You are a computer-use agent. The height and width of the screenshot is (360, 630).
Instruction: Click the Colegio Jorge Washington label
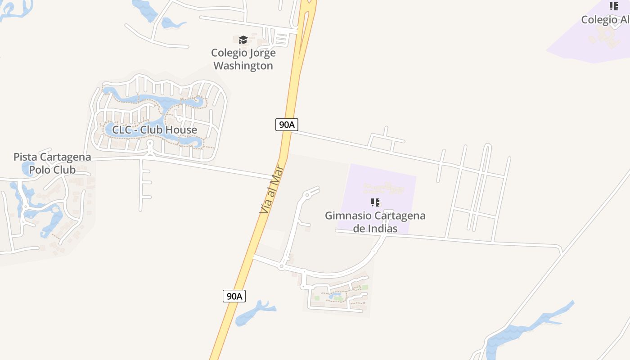[243, 59]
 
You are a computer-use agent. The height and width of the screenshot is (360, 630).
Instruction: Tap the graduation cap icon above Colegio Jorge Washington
[243, 40]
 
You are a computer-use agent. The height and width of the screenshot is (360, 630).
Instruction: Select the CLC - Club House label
[154, 130]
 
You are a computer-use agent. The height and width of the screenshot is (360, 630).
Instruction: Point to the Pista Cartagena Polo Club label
[52, 163]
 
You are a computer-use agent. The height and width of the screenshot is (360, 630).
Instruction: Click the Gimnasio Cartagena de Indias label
[375, 222]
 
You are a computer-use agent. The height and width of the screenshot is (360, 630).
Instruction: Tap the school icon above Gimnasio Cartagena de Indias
[375, 202]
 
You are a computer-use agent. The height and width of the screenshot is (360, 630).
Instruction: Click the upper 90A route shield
[287, 125]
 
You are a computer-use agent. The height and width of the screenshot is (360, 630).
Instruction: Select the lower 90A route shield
[234, 296]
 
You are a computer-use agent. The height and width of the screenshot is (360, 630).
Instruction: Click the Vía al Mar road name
[272, 189]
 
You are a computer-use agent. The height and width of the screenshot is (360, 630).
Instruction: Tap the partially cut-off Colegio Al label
[605, 20]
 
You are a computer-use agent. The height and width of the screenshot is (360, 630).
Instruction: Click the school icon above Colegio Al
[613, 6]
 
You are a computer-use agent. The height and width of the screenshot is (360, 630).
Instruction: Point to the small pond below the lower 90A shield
[254, 312]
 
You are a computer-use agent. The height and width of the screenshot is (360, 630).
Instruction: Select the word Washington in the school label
[243, 66]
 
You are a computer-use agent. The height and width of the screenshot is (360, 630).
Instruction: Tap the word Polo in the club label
[40, 170]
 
